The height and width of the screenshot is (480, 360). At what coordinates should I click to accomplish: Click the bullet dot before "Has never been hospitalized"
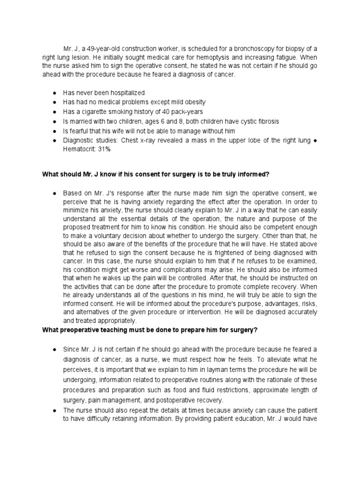click(x=55, y=93)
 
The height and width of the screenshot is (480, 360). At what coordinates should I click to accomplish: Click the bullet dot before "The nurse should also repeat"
click(x=55, y=409)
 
